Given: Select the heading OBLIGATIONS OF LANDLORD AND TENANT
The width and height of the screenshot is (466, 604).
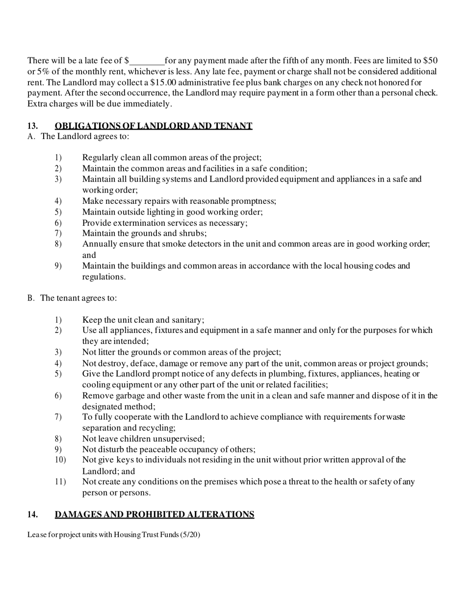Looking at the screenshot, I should click(x=154, y=126).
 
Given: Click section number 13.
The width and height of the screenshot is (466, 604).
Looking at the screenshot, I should click(x=33, y=126).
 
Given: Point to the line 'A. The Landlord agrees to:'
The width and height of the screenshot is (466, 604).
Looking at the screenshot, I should click(x=78, y=137).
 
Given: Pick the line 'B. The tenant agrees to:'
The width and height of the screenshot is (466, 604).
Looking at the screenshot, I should click(x=72, y=298).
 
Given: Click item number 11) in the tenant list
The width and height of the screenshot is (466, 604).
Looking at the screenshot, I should click(x=60, y=482).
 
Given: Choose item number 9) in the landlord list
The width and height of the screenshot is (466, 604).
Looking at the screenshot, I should click(x=58, y=266).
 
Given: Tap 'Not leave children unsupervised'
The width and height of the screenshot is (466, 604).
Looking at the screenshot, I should click(x=143, y=439).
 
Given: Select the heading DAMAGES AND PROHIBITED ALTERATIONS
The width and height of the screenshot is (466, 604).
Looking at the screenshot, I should click(x=155, y=515).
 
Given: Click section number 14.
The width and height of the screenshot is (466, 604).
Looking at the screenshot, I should click(x=33, y=515).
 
